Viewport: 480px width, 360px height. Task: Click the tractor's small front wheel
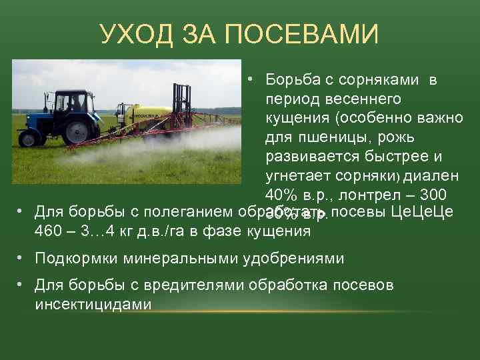coord(29,138)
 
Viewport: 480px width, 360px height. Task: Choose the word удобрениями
coord(300,258)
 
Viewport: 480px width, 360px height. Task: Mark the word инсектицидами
coord(93,304)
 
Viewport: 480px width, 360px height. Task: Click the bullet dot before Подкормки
coord(21,257)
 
